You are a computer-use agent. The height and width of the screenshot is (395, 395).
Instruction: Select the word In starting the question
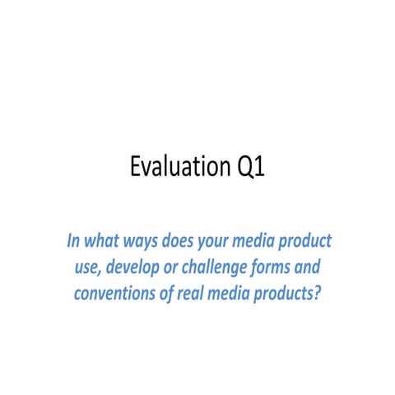pos(74,243)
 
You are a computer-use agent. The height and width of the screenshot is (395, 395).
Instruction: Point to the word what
pos(103,243)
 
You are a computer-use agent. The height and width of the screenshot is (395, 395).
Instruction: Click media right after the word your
pos(267,243)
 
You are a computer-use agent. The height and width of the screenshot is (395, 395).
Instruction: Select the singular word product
pos(312,244)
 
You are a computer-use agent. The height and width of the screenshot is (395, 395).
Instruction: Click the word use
pos(87,268)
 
